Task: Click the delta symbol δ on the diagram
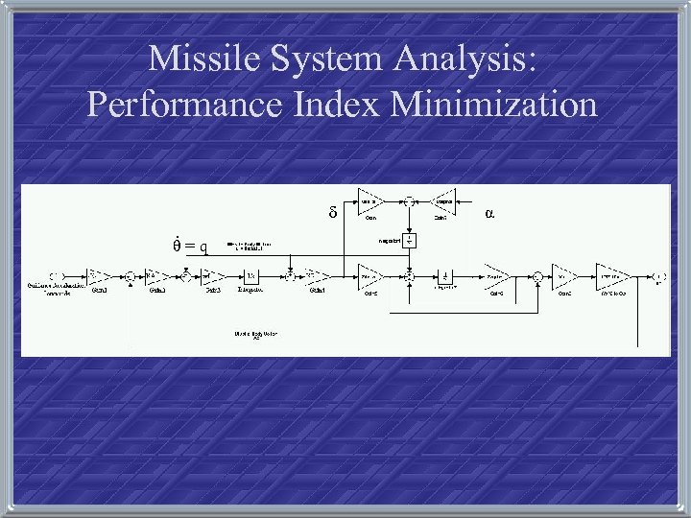(332, 211)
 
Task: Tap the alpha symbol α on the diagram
(489, 210)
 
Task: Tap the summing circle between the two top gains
(407, 200)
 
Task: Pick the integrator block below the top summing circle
(410, 239)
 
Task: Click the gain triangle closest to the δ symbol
(369, 200)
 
